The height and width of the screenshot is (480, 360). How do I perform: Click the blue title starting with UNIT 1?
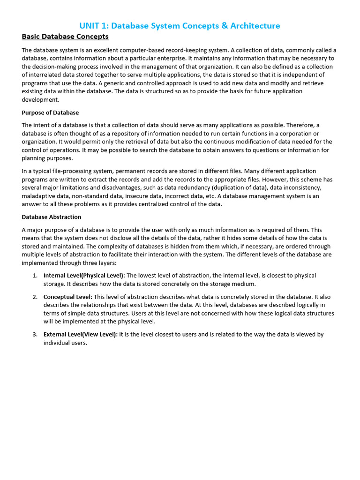180,26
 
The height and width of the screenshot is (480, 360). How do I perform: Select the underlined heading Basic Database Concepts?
65,37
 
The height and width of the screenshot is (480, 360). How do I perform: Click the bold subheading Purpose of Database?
50,112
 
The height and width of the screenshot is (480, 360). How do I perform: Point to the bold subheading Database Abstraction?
52,217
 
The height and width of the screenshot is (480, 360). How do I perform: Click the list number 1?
35,276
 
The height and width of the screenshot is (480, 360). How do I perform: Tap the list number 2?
35,297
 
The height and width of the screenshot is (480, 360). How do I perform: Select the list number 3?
35,335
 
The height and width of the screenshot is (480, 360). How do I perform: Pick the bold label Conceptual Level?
68,297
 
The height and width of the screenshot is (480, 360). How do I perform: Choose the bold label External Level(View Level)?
81,335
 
